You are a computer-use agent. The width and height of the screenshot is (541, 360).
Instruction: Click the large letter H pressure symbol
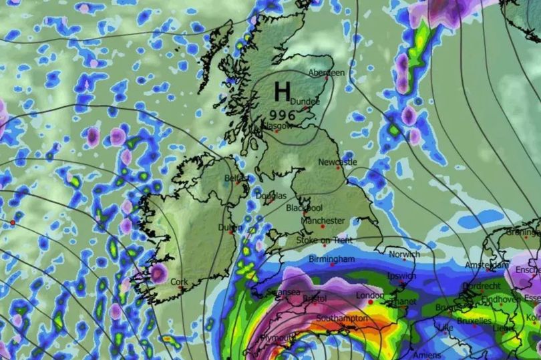[283, 89]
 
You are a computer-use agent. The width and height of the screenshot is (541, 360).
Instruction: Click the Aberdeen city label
[327, 73]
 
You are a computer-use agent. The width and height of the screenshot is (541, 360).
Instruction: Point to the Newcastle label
[337, 162]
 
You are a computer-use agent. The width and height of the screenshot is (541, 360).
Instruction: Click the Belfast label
[236, 179]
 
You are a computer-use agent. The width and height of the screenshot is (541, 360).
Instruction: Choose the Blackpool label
[305, 208]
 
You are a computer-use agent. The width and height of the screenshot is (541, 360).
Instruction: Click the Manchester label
[323, 221]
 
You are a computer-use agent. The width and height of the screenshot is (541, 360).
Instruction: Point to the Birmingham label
[332, 258]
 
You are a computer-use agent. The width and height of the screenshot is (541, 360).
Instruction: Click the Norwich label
[403, 254]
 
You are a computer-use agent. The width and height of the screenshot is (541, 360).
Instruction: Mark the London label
[369, 295]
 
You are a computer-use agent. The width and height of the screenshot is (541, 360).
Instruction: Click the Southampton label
[343, 319]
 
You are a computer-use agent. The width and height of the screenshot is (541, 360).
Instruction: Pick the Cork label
[179, 282]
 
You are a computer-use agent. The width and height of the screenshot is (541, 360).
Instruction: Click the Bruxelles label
[474, 321]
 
